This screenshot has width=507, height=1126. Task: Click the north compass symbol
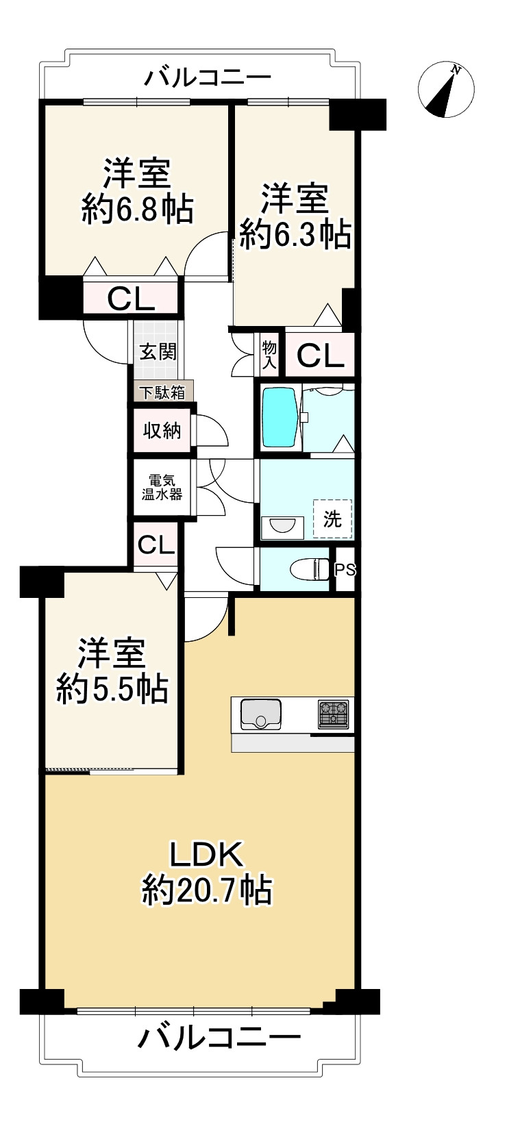(x=446, y=89)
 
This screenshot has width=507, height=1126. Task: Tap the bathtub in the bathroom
(x=279, y=418)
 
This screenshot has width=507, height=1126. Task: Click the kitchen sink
(x=260, y=714)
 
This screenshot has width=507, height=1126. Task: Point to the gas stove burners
(x=334, y=714)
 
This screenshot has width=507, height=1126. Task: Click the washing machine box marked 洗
(x=332, y=518)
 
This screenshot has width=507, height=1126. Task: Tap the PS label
(x=345, y=569)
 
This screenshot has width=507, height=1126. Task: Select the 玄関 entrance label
(x=158, y=351)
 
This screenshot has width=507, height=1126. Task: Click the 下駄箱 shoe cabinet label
(x=163, y=392)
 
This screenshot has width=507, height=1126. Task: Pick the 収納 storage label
(x=162, y=431)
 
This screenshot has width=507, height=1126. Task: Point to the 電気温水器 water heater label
(x=162, y=487)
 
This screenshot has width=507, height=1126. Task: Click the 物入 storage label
(x=269, y=354)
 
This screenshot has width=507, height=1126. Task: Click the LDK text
(x=207, y=855)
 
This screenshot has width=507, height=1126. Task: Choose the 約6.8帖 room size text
(x=136, y=210)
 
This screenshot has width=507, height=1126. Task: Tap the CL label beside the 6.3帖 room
(x=320, y=356)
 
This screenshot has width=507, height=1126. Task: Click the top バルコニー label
(x=207, y=78)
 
